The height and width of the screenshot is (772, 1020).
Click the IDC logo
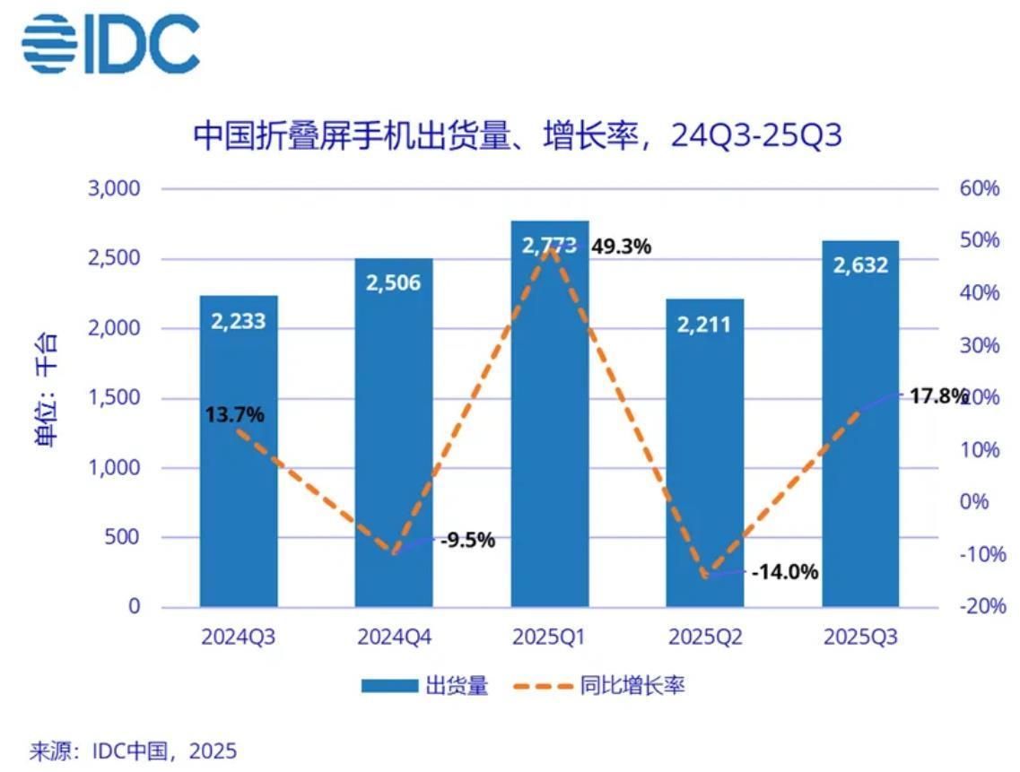pyautogui.click(x=110, y=44)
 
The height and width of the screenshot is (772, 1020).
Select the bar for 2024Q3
pyautogui.click(x=239, y=451)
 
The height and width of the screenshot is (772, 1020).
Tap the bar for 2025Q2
pyautogui.click(x=704, y=454)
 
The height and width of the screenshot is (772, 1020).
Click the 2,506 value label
pyautogui.click(x=393, y=283)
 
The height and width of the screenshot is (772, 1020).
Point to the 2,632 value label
pyautogui.click(x=860, y=265)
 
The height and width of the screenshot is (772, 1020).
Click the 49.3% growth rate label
pyautogui.click(x=621, y=247)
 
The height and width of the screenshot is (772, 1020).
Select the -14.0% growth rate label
pyautogui.click(x=785, y=572)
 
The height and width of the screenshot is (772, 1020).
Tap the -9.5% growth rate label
pyautogui.click(x=467, y=541)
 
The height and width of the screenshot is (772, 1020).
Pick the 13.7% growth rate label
pyautogui.click(x=235, y=414)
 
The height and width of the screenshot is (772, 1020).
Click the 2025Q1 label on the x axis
pyautogui.click(x=548, y=638)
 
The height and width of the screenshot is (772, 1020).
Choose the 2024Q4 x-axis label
pyautogui.click(x=394, y=638)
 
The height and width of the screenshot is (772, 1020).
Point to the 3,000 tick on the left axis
pyautogui.click(x=115, y=188)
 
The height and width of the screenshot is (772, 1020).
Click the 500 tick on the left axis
pyautogui.click(x=122, y=537)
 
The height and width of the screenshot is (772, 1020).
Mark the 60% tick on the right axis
pyautogui.click(x=979, y=188)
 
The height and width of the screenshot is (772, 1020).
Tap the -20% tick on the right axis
pyautogui.click(x=983, y=606)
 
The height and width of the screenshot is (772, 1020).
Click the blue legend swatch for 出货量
pyautogui.click(x=389, y=686)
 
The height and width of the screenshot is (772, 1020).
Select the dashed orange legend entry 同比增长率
pyautogui.click(x=598, y=686)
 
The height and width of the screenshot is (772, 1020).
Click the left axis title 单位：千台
pyautogui.click(x=47, y=389)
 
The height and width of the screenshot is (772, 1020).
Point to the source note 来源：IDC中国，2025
pyautogui.click(x=134, y=751)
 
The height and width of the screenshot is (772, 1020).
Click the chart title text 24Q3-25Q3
pyautogui.click(x=756, y=135)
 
